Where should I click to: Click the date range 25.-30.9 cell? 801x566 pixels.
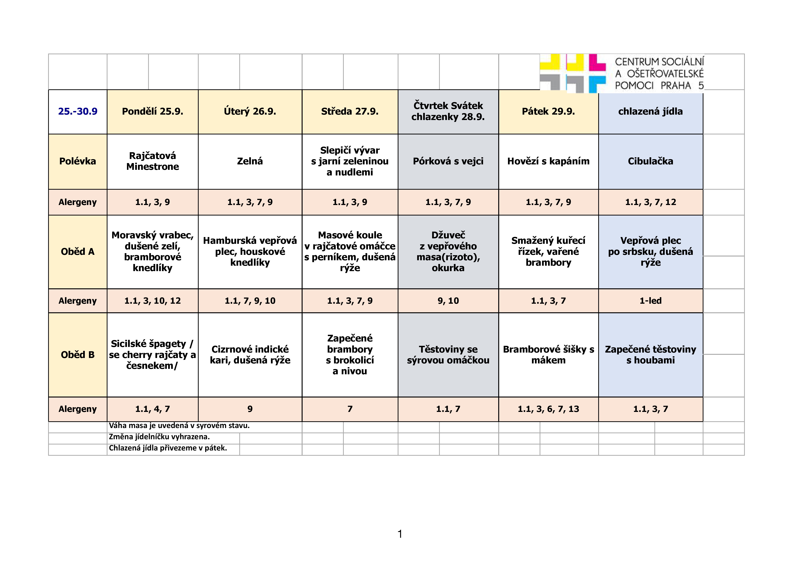[78, 111]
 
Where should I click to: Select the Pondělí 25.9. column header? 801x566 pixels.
[152, 111]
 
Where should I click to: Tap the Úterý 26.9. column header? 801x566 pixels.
[250, 111]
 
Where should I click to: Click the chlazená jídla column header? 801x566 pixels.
[650, 111]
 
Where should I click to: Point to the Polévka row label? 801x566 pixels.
[78, 161]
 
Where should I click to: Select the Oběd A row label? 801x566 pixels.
[78, 252]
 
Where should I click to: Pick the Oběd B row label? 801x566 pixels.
[78, 355]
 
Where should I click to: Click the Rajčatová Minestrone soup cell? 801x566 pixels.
[152, 161]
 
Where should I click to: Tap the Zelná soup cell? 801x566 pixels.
[250, 161]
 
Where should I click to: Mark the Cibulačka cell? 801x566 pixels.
[650, 161]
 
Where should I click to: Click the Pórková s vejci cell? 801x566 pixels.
[448, 161]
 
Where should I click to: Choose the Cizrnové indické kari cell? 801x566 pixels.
[250, 355]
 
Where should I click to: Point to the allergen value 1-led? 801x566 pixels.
[650, 301]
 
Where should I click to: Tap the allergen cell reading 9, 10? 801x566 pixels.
[448, 301]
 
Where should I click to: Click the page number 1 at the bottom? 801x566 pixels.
[400, 534]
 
